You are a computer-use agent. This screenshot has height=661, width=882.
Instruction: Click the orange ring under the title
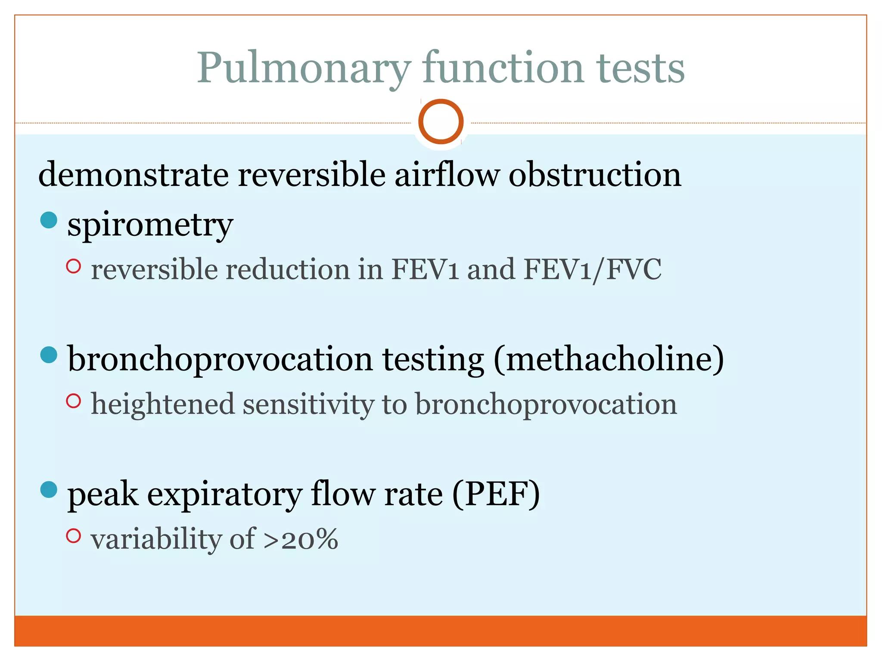tap(441, 121)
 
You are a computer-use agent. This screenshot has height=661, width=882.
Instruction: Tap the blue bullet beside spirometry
tap(49, 220)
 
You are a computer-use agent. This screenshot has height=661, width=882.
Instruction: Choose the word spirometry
tap(150, 225)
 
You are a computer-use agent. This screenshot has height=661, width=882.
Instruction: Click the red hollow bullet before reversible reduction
tap(74, 266)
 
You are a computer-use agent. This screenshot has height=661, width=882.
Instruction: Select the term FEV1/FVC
tap(593, 270)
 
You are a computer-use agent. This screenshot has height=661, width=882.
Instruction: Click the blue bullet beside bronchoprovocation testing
tap(49, 355)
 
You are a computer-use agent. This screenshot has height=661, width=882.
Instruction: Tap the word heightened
tap(163, 405)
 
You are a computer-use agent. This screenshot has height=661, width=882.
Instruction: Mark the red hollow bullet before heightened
tap(74, 401)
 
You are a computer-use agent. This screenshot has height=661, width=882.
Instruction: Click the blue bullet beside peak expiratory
tap(49, 489)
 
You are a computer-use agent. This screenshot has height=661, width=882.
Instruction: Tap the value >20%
tap(301, 539)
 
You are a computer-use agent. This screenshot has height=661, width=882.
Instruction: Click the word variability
tap(156, 539)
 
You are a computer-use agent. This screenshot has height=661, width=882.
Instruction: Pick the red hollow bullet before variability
tap(74, 536)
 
